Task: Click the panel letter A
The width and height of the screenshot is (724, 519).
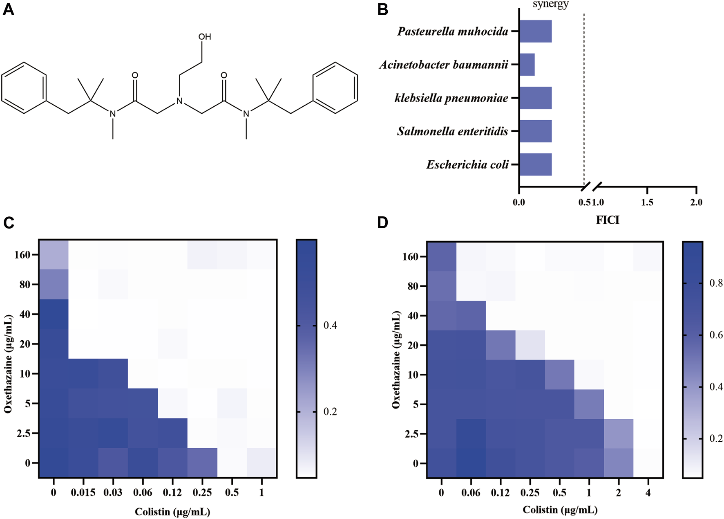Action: coord(8,9)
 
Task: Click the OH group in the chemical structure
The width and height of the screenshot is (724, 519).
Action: coord(204,37)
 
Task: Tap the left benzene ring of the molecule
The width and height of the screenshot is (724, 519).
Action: coord(24,88)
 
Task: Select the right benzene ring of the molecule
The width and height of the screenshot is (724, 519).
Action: coord(335,88)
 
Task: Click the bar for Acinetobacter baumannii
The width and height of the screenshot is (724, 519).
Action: coord(527,65)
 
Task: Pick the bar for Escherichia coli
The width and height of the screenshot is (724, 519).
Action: coord(536,164)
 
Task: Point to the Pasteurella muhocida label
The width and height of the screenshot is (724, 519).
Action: coord(453,31)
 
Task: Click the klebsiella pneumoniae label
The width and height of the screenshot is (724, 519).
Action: coord(451,98)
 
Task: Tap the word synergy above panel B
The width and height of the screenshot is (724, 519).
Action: coord(550,4)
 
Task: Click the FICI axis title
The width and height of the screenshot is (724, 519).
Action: coord(608,220)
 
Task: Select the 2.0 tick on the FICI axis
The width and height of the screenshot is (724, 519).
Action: coord(696,202)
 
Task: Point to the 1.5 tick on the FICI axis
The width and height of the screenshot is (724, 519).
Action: coord(647,202)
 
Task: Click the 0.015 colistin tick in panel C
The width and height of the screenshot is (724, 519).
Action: coord(83,492)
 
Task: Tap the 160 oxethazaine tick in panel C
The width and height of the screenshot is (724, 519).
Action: coord(22,255)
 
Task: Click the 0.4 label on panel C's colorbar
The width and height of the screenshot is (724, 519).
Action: coord(330,326)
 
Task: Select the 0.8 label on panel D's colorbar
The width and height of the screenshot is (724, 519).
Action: coord(716,283)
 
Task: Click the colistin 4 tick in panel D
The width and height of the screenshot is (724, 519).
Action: coord(648,493)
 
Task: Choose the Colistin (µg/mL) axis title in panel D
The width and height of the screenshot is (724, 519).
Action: coord(560,510)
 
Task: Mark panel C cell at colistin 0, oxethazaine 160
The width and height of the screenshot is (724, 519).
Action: coord(54,255)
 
